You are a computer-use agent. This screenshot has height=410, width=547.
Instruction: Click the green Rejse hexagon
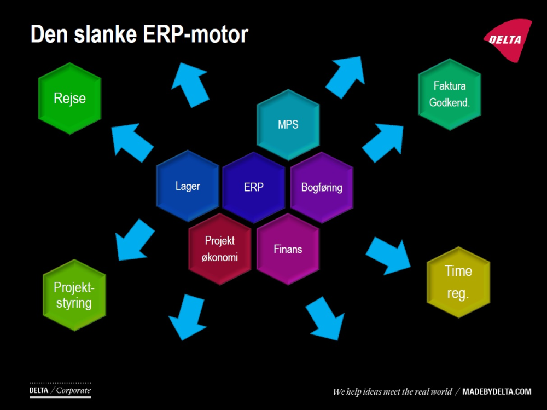tap(69, 99)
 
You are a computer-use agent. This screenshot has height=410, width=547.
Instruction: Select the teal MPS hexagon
tap(288, 124)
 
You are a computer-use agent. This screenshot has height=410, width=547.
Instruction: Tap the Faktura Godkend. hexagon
tap(450, 94)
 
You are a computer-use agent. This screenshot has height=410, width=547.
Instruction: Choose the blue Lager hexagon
tap(188, 186)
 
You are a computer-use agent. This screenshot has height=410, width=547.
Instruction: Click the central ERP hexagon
tap(254, 187)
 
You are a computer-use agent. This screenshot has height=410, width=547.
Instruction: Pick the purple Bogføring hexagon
tap(322, 187)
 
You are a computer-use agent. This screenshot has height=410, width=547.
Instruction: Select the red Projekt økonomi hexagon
tap(220, 249)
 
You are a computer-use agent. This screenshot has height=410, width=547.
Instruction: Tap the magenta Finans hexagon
tap(288, 249)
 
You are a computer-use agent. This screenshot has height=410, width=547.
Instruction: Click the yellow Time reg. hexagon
tap(458, 282)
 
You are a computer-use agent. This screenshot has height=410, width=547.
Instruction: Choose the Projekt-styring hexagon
tap(74, 295)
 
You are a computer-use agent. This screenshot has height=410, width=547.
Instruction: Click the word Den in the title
tap(46, 34)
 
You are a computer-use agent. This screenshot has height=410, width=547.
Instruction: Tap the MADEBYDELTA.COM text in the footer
tap(497, 391)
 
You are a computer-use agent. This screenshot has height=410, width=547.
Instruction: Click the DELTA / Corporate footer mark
tap(60, 390)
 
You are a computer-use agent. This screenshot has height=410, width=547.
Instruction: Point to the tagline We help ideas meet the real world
tap(392, 391)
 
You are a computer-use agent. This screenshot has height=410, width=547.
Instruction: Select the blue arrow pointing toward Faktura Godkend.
tap(382, 142)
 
